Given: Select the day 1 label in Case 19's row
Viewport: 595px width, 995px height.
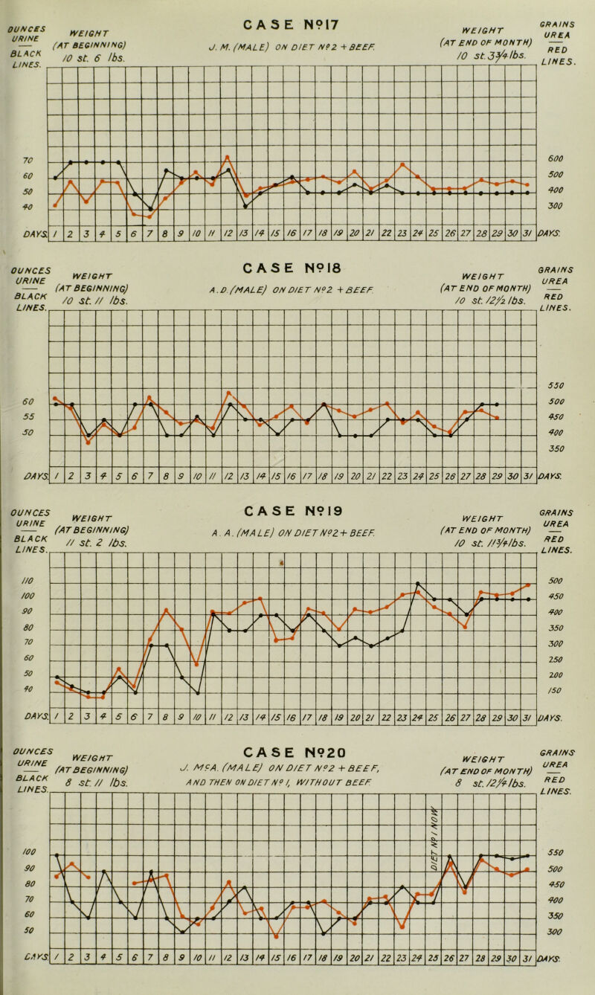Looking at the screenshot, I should coord(57,719).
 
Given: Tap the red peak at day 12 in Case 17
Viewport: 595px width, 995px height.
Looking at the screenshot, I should coord(228,156).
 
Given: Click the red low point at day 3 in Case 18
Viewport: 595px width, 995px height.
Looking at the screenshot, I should coord(89,442).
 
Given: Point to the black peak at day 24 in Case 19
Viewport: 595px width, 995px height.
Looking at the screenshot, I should coord(419,583).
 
